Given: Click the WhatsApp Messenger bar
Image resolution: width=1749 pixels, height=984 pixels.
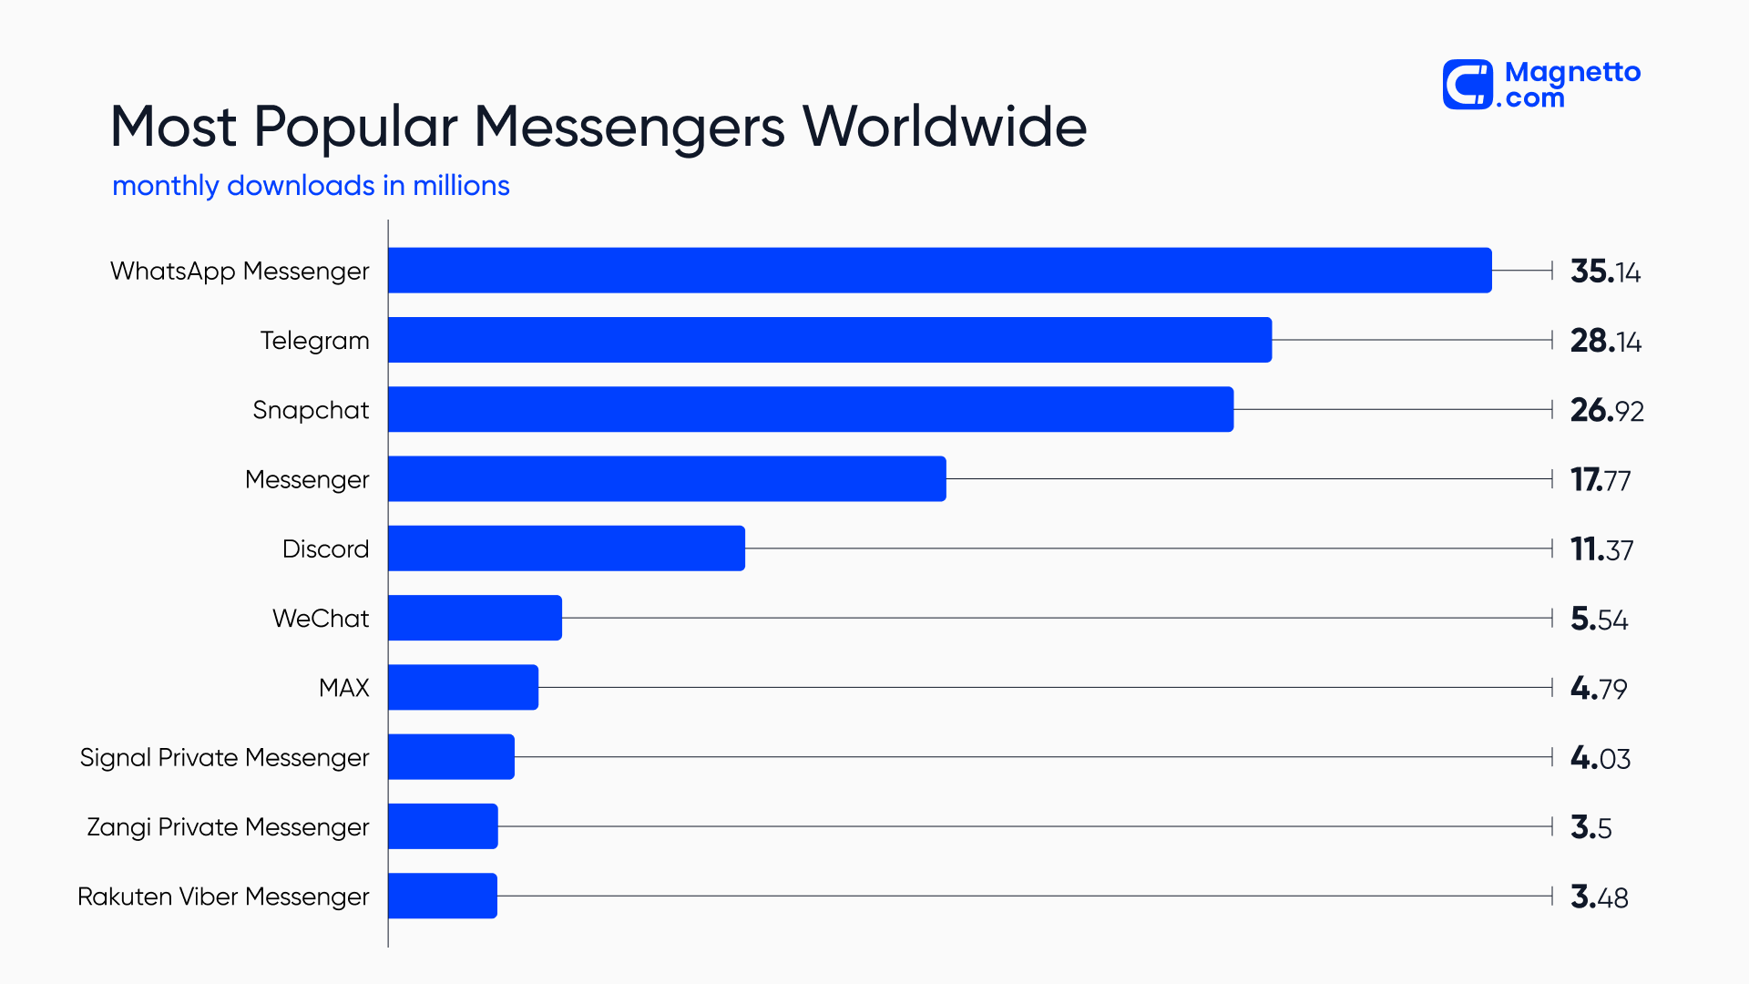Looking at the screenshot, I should [x=939, y=271].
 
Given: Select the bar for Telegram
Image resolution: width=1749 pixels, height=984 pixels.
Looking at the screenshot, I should [x=829, y=340].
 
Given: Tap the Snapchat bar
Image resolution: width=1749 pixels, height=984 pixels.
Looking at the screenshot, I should [x=810, y=409].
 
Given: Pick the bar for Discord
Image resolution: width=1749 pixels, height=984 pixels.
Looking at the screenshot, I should [x=566, y=548].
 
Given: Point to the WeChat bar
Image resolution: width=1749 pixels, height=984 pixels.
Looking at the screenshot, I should [x=475, y=618].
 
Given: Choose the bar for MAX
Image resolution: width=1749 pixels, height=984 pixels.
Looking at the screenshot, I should [x=463, y=687].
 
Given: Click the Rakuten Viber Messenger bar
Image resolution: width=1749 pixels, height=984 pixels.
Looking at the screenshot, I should [x=442, y=896].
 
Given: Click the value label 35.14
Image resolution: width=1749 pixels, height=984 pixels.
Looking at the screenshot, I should [x=1605, y=272].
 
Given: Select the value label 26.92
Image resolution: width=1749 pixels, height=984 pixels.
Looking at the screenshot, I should [x=1607, y=410].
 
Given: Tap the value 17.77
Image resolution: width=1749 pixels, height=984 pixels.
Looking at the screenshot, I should [x=1601, y=480].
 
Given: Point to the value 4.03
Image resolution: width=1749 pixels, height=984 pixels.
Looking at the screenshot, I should [x=1601, y=758].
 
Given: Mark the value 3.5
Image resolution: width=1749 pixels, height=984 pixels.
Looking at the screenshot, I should [x=1590, y=827].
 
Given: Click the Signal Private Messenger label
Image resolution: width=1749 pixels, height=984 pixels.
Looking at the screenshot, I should [x=224, y=758].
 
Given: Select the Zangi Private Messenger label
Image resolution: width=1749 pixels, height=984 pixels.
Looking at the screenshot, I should [x=228, y=827].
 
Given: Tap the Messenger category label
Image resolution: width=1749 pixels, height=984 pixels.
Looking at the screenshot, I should [x=307, y=480].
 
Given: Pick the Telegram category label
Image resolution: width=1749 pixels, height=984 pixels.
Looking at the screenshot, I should [x=314, y=341].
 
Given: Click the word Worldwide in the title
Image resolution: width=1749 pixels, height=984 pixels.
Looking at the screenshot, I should [x=944, y=126].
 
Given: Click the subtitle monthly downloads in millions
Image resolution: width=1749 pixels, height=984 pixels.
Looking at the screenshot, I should [x=311, y=186].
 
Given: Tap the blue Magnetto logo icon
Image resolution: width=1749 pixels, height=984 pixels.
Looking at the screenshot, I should [x=1468, y=85].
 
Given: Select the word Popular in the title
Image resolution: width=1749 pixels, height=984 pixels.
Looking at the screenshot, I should [x=355, y=126].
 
